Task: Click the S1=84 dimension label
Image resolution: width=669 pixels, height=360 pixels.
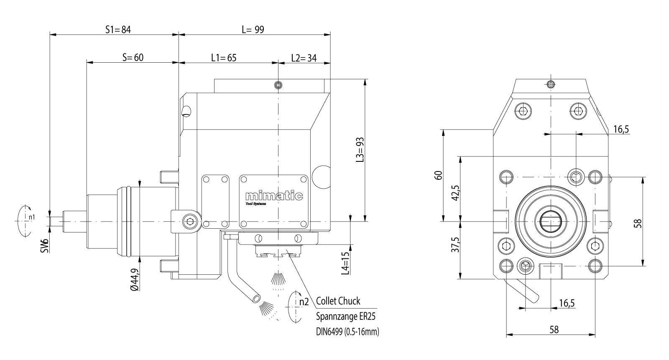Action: click(x=118, y=30)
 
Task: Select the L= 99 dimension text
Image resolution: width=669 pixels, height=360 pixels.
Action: click(x=253, y=30)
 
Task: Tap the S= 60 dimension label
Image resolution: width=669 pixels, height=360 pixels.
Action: click(x=133, y=57)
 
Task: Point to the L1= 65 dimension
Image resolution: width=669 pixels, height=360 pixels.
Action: click(x=224, y=57)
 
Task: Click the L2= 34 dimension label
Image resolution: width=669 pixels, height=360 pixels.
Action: click(x=304, y=57)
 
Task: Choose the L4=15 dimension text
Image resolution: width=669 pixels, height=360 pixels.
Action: click(x=345, y=263)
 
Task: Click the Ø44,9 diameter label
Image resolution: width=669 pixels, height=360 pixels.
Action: click(x=134, y=279)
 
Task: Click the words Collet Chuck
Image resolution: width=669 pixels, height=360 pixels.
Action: click(x=338, y=301)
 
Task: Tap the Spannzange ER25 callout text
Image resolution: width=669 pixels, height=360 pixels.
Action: click(x=345, y=317)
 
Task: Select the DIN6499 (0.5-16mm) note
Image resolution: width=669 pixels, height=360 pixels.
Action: click(x=347, y=332)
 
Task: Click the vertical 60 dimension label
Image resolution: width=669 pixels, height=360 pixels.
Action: click(x=438, y=175)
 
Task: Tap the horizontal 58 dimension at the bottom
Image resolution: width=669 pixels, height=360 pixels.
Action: click(x=553, y=329)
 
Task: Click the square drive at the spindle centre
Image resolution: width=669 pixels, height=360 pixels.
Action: click(x=551, y=220)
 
